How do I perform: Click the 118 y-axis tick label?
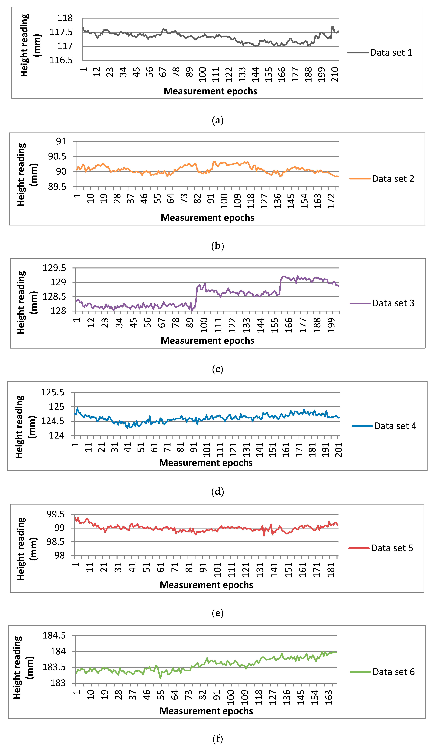[x=65, y=18]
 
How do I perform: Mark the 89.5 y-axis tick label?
[x=57, y=187]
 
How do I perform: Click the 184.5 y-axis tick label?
[x=54, y=636]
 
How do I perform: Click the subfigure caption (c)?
[x=217, y=369]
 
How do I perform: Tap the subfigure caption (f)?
[x=217, y=739]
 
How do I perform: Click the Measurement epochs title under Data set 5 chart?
[x=206, y=585]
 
